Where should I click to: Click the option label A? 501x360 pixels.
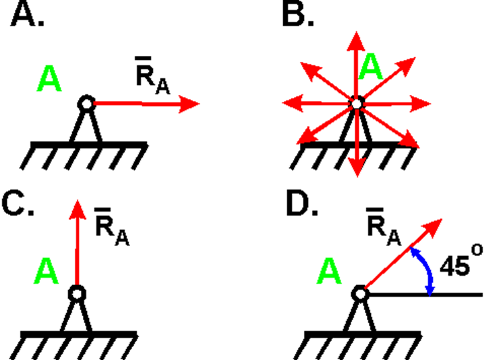point(26,15)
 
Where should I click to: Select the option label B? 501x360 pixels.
point(297,15)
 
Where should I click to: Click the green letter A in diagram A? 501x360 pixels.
point(50,79)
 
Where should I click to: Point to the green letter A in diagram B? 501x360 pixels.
point(372,68)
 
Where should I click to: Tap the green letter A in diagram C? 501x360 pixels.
point(47,273)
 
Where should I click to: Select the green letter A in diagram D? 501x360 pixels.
point(330,273)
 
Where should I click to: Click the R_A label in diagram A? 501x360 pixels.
point(152,80)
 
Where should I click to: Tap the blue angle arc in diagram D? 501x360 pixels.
point(424,270)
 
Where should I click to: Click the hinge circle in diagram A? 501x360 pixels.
point(86,103)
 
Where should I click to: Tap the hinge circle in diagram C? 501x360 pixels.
point(78,294)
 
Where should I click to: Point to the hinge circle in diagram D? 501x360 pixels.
point(359,295)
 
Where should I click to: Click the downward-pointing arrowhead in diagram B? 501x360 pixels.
point(357,168)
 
